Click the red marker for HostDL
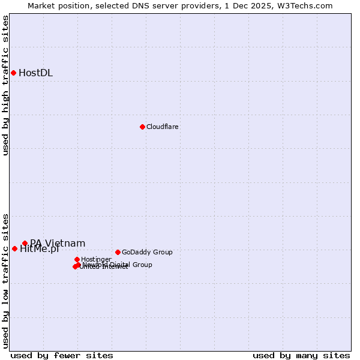[x=13, y=73]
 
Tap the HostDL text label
[x=35, y=73]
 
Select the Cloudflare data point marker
[x=142, y=127]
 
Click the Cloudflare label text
[x=162, y=127]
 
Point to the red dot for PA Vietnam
[x=25, y=243]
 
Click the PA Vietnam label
[x=58, y=243]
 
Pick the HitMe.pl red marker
[x=14, y=248]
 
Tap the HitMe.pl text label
[x=39, y=250]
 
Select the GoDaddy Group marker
[x=118, y=252]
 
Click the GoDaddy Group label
[x=147, y=252]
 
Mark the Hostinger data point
[x=77, y=259]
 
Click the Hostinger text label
[x=96, y=259]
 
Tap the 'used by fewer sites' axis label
[x=62, y=355]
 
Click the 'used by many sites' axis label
[x=301, y=355]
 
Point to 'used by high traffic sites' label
[x=5, y=85]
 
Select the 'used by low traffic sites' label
[x=5, y=280]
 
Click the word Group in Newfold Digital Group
[x=142, y=265]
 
